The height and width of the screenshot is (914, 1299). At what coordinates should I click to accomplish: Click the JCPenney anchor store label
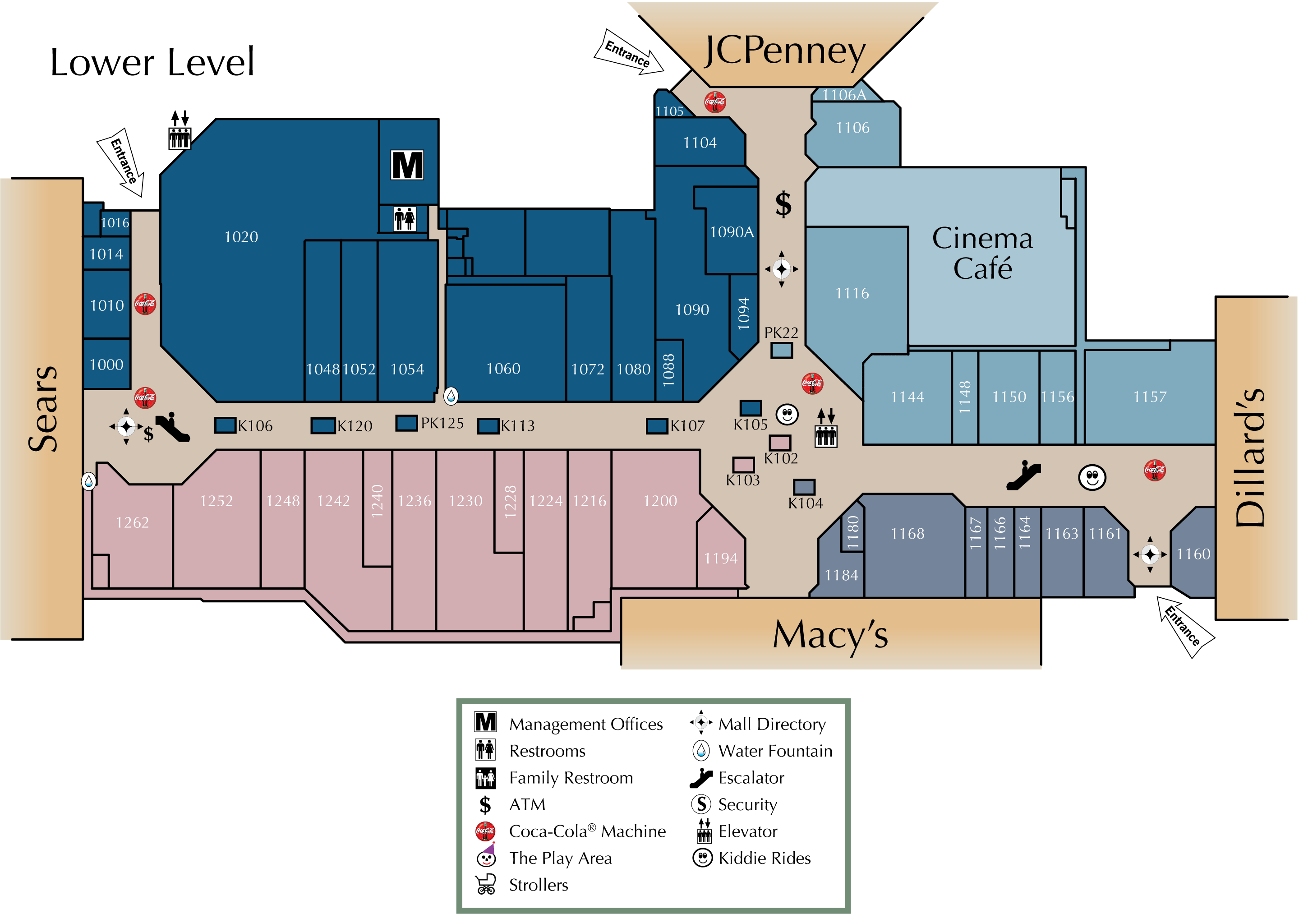(785, 52)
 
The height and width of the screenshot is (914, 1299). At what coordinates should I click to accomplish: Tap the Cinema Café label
(982, 253)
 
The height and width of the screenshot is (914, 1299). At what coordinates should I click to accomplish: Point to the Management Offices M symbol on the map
(407, 165)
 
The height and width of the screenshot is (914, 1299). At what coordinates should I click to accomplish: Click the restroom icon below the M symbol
(405, 218)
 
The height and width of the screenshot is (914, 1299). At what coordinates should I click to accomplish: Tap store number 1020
(241, 236)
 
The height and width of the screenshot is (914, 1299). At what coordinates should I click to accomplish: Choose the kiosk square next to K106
(225, 425)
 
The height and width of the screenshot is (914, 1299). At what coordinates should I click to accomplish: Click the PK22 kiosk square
(781, 351)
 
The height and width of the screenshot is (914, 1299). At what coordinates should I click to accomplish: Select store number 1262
(133, 522)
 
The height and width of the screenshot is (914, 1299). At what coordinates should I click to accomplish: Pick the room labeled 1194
(720, 559)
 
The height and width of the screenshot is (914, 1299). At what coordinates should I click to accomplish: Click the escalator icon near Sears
(173, 427)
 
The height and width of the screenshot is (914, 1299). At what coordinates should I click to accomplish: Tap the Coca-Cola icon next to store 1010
(145, 304)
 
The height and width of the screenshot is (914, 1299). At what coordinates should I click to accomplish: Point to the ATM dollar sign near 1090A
(783, 204)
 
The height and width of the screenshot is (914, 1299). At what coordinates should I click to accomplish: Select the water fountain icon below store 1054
(451, 396)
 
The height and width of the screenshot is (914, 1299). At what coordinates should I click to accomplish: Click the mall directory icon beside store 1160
(1150, 554)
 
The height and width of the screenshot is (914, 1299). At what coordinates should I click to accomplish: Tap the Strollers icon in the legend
(485, 885)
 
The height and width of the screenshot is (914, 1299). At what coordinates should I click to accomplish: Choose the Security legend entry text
(747, 805)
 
